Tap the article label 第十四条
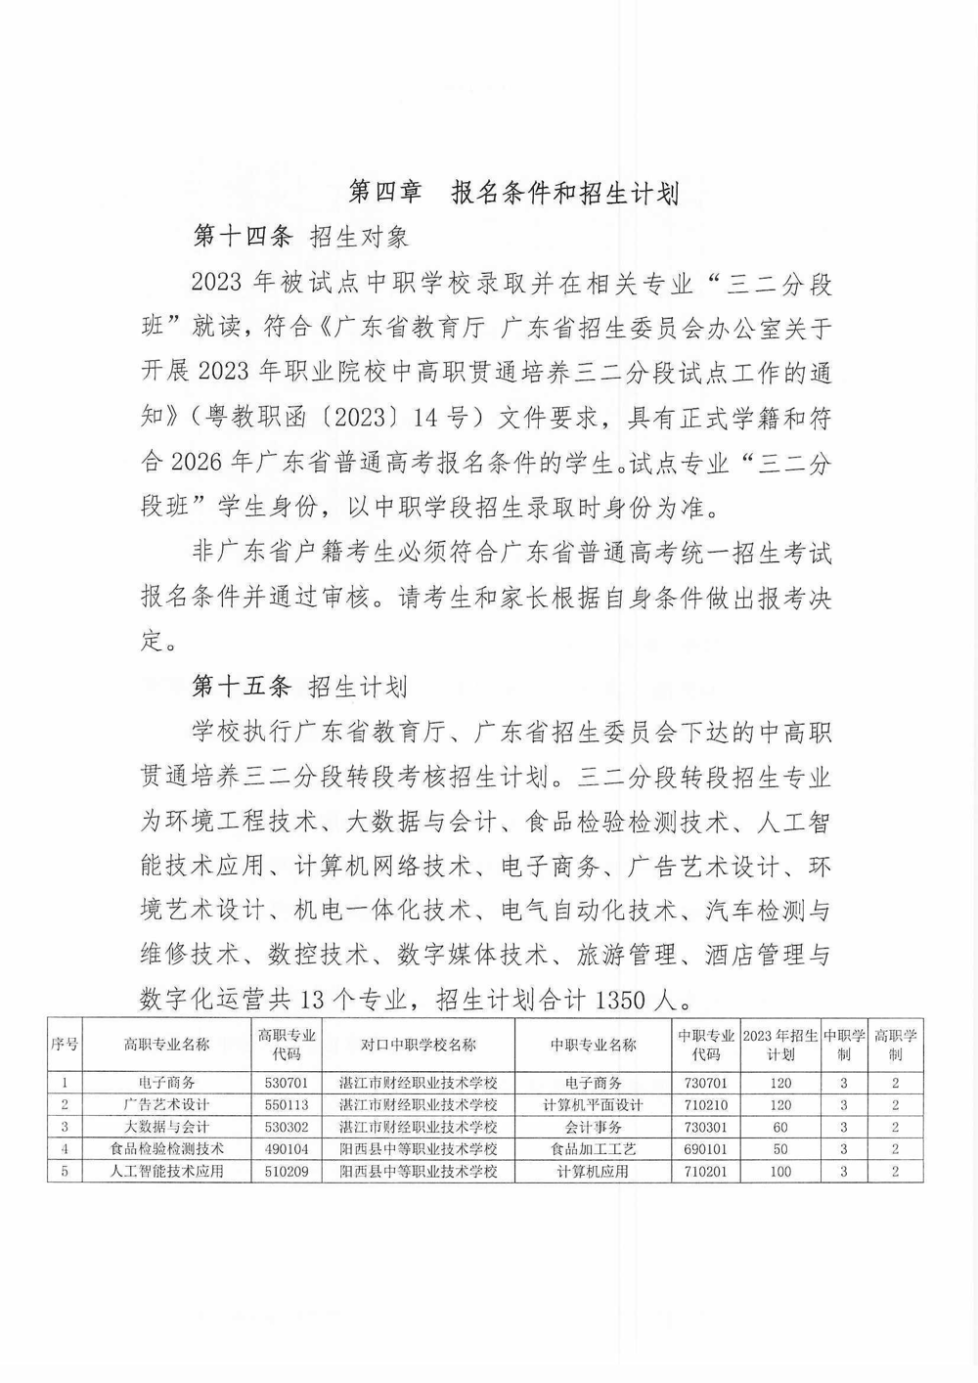pos(243,238)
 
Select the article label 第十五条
pos(242,687)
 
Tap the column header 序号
pos(65,1045)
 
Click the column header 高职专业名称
pos(167,1045)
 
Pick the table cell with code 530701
pos(287,1083)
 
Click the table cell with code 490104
pos(287,1149)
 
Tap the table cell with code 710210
pos(706,1105)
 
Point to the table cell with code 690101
pos(706,1149)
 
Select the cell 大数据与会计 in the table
pos(167,1127)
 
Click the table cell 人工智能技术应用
pos(167,1171)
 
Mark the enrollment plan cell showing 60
pos(779,1127)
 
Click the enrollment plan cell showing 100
pos(779,1171)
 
